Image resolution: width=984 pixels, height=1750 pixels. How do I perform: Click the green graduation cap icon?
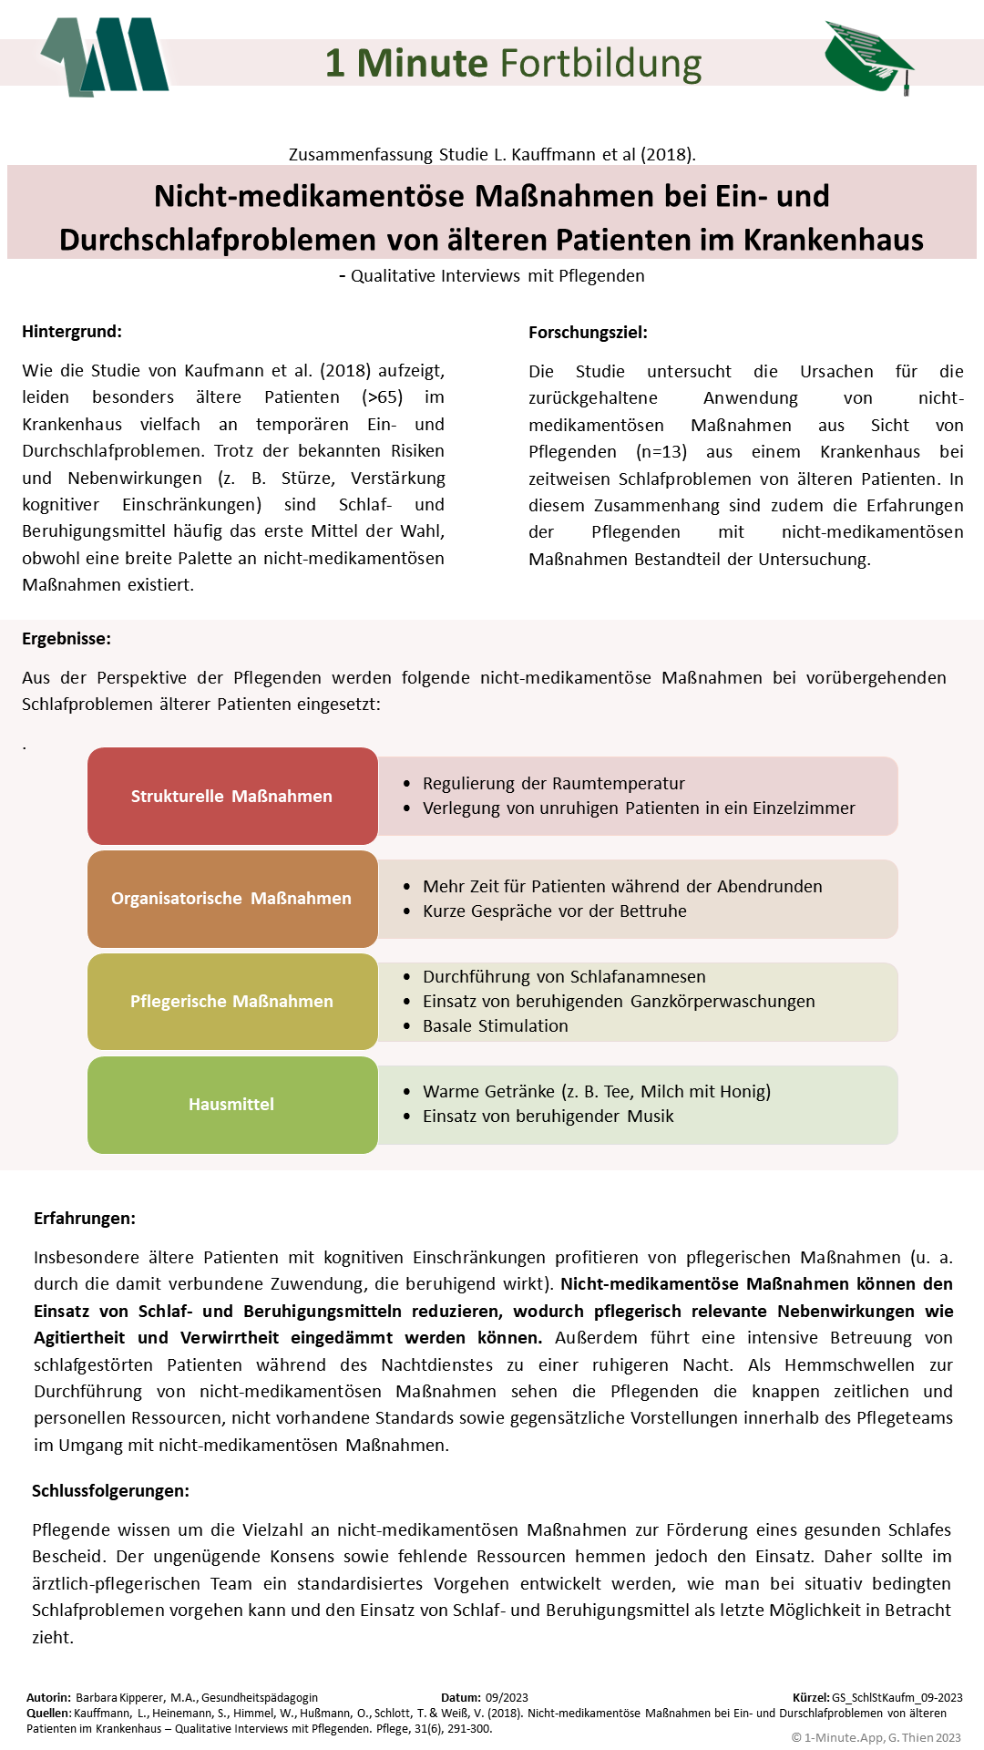coord(868,57)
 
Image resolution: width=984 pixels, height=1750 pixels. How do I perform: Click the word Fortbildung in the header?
coord(600,63)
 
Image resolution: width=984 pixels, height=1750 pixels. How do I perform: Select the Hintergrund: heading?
coord(72,331)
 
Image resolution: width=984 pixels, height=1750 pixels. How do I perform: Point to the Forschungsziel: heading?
coord(588,332)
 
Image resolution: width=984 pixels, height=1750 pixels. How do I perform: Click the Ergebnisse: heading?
coord(67,638)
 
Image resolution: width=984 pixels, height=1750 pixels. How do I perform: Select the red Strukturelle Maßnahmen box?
coord(232,796)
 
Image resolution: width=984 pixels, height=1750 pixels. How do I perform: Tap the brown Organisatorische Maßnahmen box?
coord(232,898)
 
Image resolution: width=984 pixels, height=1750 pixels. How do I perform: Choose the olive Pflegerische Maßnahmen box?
coord(232,1001)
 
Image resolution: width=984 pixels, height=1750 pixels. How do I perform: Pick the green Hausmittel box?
coord(232,1104)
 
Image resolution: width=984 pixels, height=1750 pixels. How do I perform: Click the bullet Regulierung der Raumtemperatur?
coord(553,783)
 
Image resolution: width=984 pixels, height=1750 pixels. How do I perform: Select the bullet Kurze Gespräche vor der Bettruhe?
coord(554,911)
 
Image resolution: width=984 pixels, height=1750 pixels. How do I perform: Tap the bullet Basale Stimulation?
coord(495,1025)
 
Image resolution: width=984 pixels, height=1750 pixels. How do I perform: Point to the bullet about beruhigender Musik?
coord(548,1116)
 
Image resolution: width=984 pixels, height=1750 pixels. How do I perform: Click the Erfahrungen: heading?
coord(85,1218)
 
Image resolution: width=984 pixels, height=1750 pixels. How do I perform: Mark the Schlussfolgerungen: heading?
coord(110,1490)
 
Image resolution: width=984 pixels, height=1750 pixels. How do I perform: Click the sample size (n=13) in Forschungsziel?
coord(661,451)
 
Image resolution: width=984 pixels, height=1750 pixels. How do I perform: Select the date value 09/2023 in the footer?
coord(507,1697)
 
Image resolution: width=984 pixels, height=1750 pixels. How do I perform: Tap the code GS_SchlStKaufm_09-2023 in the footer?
coord(897,1697)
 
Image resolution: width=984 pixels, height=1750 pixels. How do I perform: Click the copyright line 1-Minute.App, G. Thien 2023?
coord(876,1737)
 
